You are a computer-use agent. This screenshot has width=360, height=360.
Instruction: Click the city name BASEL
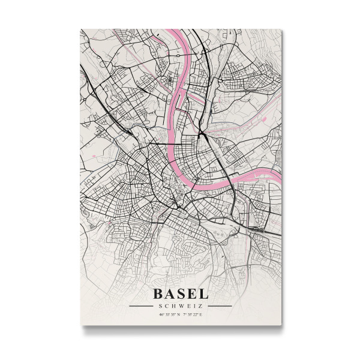[x=180, y=294]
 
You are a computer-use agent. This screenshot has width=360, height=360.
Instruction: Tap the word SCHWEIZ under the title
[x=180, y=305]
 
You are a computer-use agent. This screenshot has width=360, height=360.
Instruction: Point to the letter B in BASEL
[x=158, y=294]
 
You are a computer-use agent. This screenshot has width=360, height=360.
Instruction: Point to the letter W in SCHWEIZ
[x=181, y=305]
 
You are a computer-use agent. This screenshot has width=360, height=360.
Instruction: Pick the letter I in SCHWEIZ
[x=194, y=305]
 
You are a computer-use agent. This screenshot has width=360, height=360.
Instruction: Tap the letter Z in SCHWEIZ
[x=200, y=305]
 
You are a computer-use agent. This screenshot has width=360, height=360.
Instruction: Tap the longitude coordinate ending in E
[x=192, y=314]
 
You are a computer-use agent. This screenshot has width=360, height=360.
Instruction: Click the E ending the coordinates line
[x=200, y=314]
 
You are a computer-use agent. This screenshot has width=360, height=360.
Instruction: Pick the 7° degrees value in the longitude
[x=185, y=314]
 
